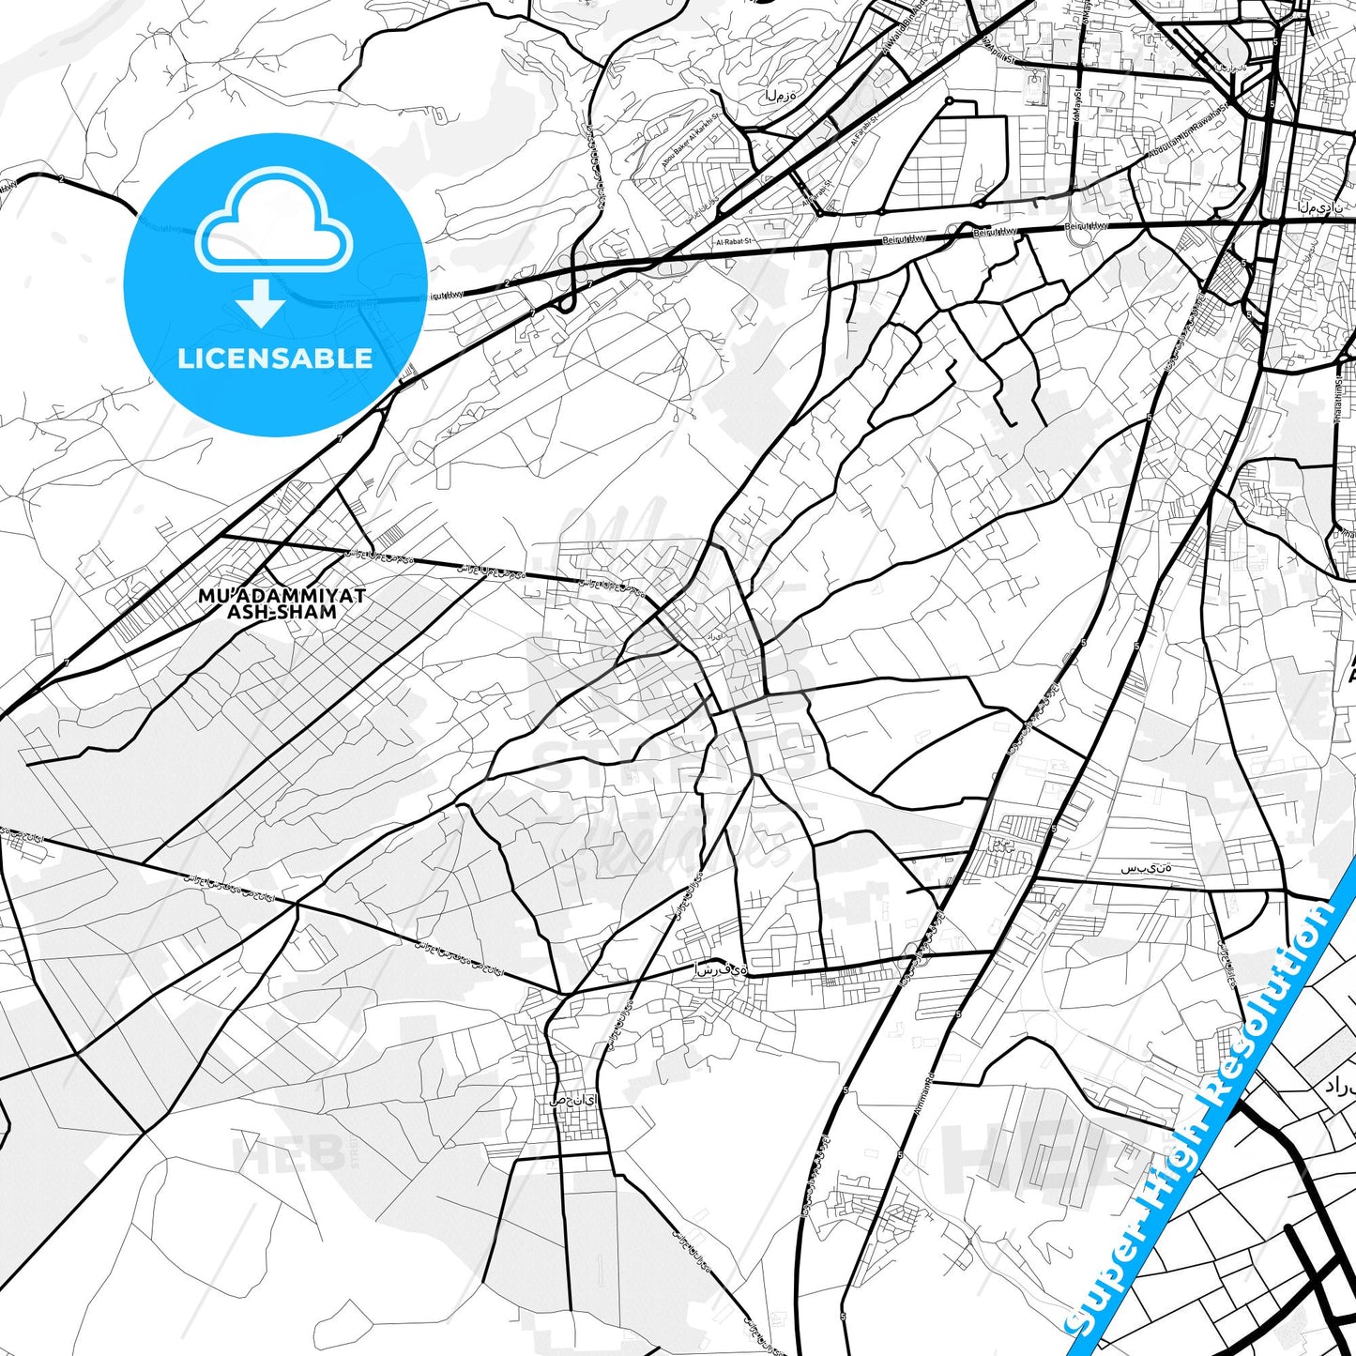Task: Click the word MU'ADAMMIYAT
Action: pos(282,595)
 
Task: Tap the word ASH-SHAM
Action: pos(282,612)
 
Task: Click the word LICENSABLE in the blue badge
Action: pos(275,358)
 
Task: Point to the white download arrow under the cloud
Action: pos(262,302)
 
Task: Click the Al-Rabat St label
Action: pos(735,242)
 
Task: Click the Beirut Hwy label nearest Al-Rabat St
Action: pos(904,239)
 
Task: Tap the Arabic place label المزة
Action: pos(780,95)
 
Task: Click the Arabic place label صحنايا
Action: pos(573,1100)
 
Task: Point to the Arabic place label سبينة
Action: pos(1146,868)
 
